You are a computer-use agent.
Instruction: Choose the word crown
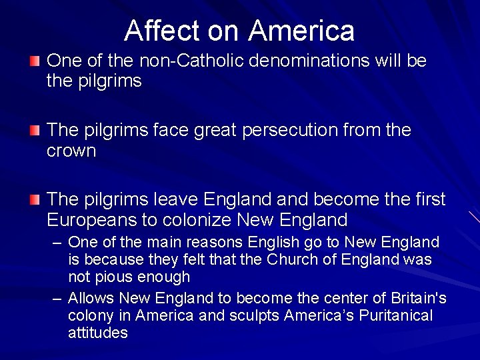71,151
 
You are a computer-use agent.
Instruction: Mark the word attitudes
97,333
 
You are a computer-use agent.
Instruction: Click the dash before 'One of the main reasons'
58,243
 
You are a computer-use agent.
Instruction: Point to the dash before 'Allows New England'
58,299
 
